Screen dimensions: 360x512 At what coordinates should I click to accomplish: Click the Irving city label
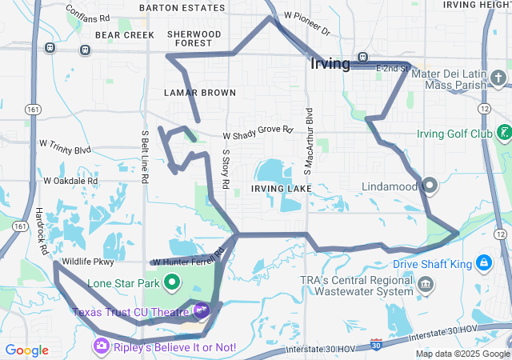[330, 65]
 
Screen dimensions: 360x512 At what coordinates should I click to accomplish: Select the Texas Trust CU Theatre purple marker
[201, 310]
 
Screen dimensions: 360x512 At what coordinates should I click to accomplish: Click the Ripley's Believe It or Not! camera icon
[102, 346]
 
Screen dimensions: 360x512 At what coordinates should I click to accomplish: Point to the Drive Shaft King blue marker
[484, 262]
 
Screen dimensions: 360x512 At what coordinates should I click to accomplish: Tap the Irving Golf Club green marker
[503, 132]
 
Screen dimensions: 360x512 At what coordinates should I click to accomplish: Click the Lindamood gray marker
[430, 186]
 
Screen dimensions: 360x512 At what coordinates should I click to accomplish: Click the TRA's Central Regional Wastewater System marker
[426, 284]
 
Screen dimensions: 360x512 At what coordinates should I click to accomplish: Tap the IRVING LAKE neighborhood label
[277, 188]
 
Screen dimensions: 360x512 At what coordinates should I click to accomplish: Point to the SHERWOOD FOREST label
[194, 39]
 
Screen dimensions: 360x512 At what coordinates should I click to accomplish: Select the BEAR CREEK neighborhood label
[124, 35]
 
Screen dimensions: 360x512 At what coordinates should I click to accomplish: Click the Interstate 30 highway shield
[377, 345]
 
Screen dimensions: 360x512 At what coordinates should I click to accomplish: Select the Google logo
[27, 350]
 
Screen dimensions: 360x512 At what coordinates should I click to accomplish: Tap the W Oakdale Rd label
[70, 181]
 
